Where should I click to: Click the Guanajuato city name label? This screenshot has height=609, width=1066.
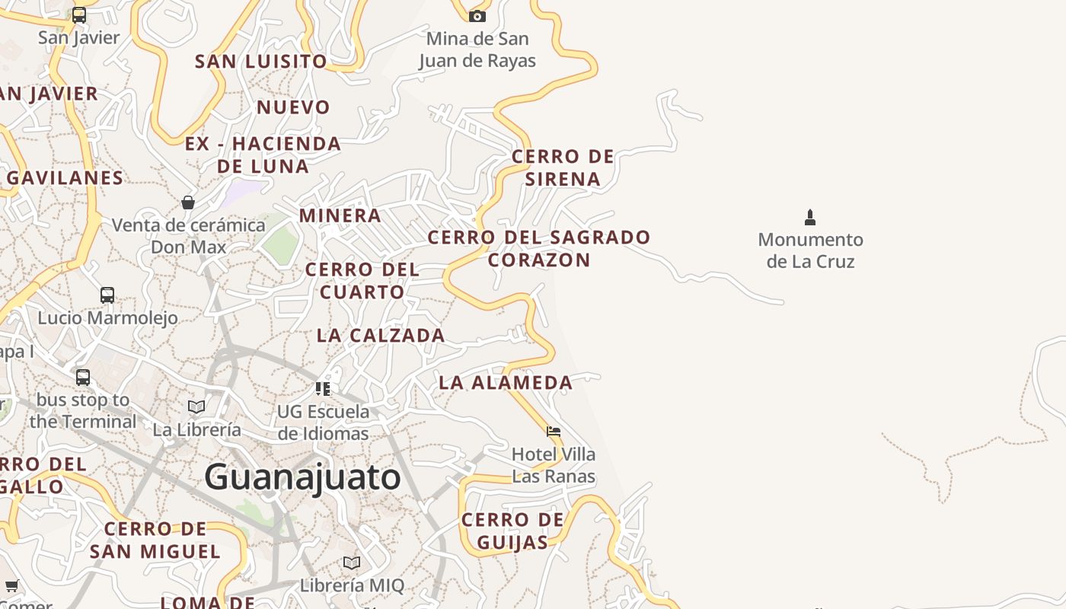click(302, 477)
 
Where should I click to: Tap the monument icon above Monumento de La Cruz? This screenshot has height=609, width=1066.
click(810, 218)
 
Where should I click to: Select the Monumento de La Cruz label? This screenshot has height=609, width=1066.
click(810, 250)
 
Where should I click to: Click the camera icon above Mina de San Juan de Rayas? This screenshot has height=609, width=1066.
click(477, 16)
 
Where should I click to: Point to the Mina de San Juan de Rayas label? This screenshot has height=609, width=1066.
click(477, 49)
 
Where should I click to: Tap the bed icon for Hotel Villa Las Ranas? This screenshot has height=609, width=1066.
click(554, 432)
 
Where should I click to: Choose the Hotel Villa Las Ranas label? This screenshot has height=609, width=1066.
click(554, 465)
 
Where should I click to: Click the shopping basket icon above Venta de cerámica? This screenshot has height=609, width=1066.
click(188, 202)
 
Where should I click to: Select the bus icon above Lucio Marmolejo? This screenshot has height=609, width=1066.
click(107, 295)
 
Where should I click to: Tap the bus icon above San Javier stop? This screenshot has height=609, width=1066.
click(79, 15)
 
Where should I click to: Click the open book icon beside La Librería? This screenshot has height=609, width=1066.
click(196, 407)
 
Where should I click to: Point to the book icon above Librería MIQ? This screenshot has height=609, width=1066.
click(351, 563)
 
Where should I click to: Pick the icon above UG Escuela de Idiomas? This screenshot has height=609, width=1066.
click(323, 389)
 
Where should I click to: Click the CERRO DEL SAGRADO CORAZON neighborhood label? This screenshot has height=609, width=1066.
click(539, 248)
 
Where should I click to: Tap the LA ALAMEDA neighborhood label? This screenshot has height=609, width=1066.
click(506, 383)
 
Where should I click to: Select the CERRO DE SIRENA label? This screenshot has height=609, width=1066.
click(563, 167)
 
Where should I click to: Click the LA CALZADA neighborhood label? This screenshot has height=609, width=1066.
click(381, 336)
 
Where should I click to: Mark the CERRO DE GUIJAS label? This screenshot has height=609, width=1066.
click(512, 531)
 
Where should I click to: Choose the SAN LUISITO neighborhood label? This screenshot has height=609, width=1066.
click(261, 62)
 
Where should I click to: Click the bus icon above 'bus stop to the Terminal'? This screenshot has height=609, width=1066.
click(83, 377)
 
